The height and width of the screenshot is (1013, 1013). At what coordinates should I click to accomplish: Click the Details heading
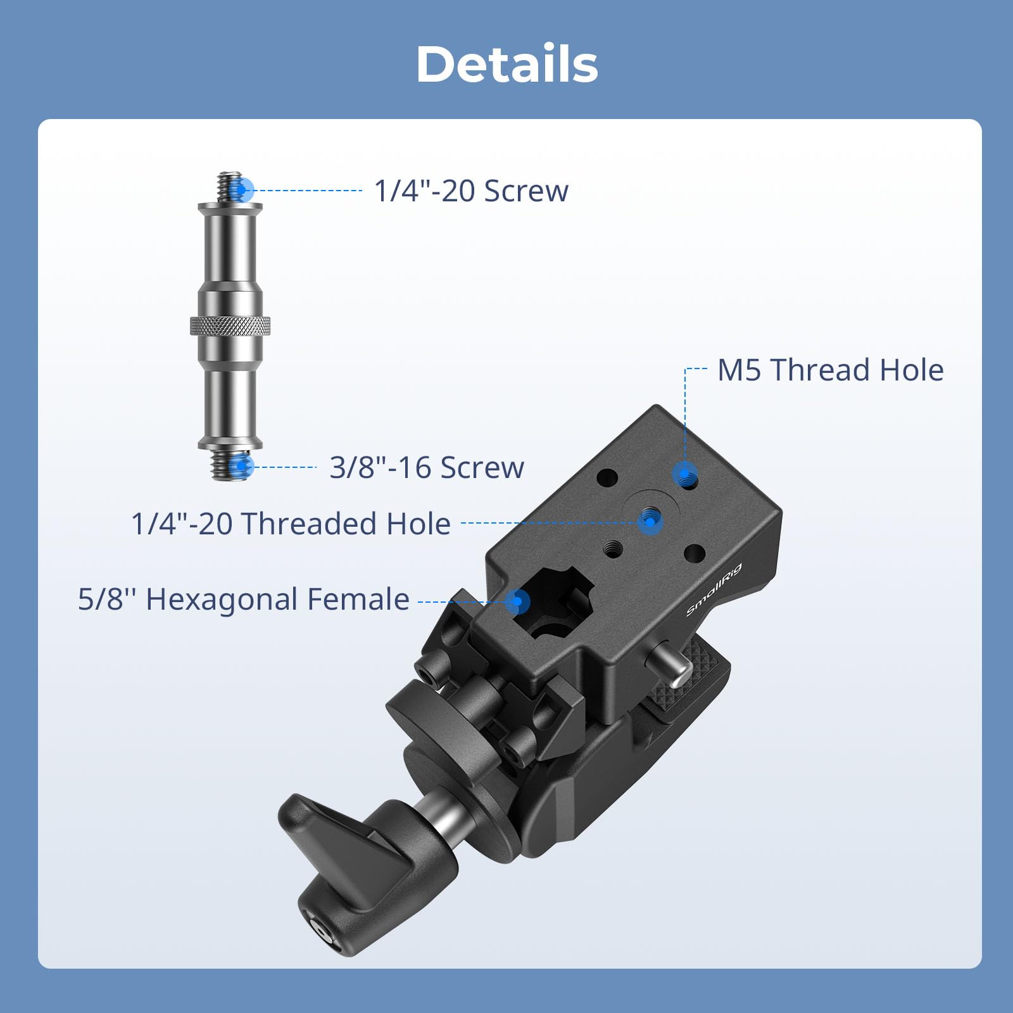(507, 65)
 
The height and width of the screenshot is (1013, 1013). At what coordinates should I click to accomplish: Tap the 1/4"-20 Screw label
(471, 191)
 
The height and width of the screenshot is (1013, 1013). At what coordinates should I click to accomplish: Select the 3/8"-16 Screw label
(427, 468)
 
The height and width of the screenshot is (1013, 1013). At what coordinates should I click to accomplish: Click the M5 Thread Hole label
(830, 370)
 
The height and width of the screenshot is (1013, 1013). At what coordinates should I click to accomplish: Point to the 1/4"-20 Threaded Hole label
(291, 524)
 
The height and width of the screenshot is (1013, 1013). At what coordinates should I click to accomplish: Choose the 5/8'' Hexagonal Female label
(244, 599)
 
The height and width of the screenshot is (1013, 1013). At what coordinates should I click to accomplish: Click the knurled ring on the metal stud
(230, 325)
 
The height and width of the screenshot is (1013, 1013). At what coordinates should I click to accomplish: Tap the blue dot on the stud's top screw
(242, 189)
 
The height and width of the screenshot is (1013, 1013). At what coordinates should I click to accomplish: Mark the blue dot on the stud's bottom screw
(241, 467)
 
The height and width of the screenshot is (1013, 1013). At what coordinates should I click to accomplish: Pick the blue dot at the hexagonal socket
(519, 601)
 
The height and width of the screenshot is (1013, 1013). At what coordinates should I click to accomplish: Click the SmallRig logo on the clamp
(714, 589)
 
